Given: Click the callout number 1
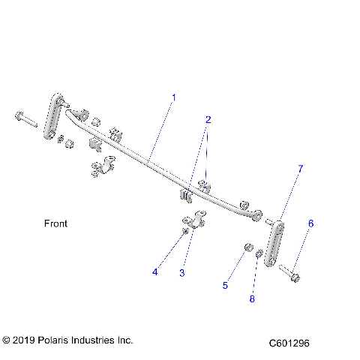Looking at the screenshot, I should coord(174,97).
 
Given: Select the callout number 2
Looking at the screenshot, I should coord(208,119).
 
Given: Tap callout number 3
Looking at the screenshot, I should coord(181,273).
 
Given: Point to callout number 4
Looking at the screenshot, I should coord(155,272).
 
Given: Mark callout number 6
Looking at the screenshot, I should coord(311,223).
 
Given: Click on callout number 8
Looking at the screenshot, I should coord(252,298).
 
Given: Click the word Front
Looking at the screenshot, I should coord(55,223).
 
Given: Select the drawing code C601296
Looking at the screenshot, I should coord(289,343).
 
